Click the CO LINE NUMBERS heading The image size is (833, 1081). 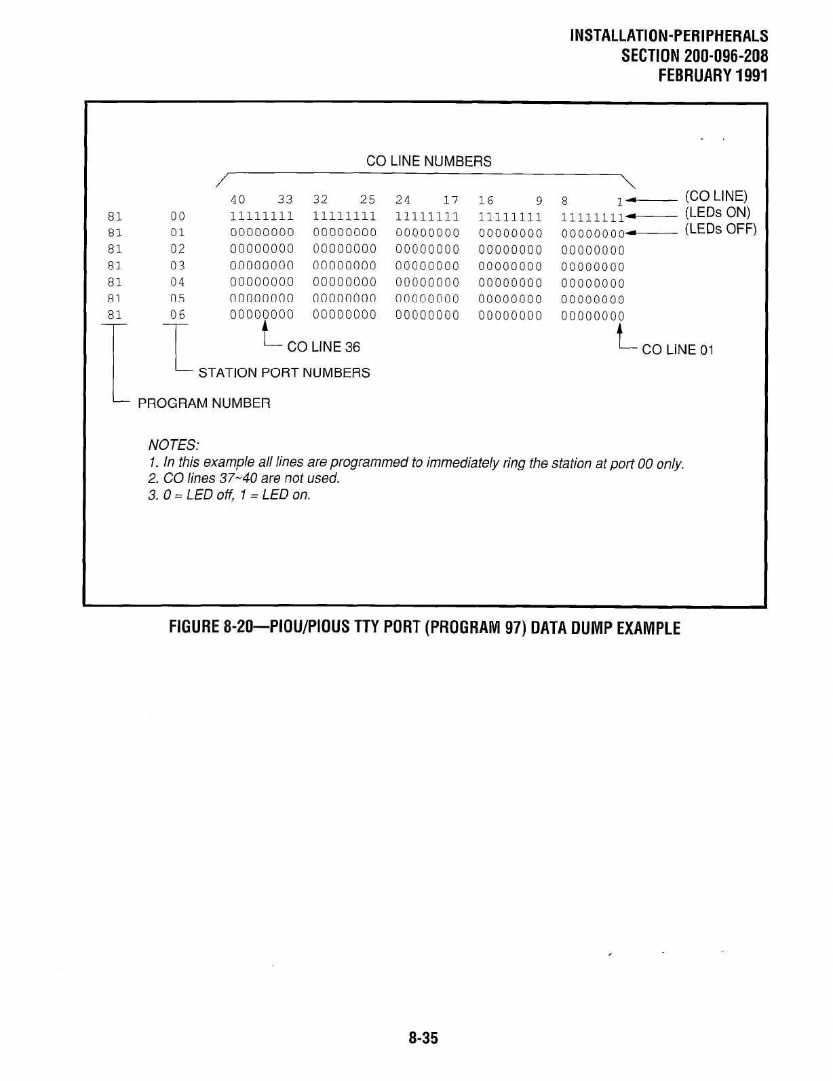(x=428, y=162)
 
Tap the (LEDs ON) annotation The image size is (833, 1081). (x=716, y=212)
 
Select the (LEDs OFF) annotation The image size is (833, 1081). (x=719, y=229)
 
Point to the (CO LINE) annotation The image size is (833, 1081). (x=716, y=196)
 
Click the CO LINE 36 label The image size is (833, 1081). (x=324, y=347)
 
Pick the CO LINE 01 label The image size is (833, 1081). (x=678, y=350)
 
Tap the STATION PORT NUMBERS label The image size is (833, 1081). (x=284, y=373)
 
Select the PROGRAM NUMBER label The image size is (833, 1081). (x=204, y=404)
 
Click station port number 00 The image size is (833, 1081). (x=178, y=216)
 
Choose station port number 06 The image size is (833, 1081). (x=178, y=315)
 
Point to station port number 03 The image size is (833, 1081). (x=178, y=266)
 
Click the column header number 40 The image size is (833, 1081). (x=237, y=200)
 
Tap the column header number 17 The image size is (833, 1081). (x=450, y=200)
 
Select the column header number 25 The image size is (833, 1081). (x=368, y=200)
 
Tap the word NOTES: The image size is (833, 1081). (x=173, y=445)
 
